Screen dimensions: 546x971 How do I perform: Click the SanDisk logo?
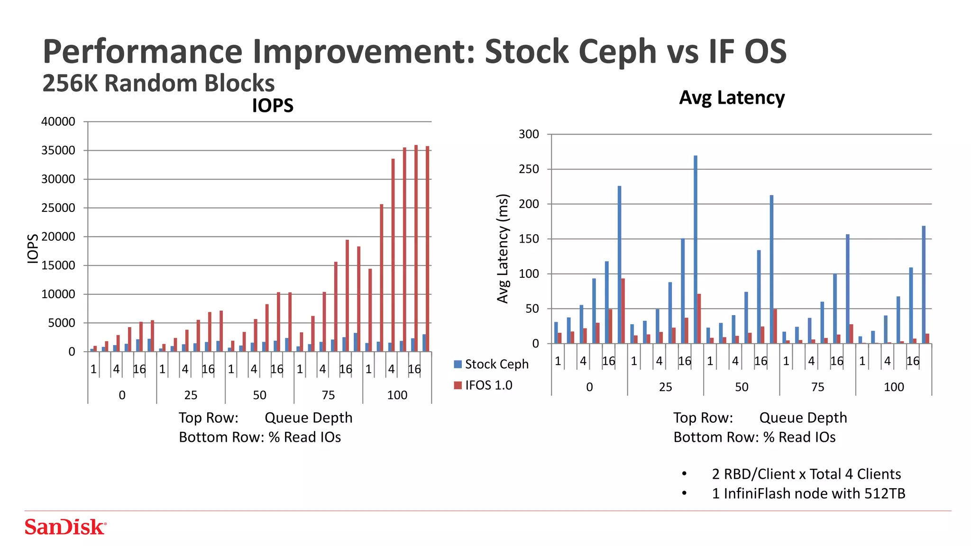coord(65,527)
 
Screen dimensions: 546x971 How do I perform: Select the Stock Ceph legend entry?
coord(491,364)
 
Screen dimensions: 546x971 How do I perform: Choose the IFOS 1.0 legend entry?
coord(483,385)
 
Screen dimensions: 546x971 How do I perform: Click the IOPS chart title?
coord(273,105)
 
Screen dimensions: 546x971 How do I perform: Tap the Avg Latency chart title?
coord(732,98)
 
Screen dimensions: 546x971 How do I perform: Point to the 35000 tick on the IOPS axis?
coord(58,151)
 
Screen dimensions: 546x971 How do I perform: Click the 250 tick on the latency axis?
coord(529,169)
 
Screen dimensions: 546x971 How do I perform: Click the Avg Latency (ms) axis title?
coord(503,248)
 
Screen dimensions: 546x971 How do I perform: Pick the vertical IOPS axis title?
coord(32,248)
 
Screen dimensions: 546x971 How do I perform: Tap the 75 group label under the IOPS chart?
coord(328,395)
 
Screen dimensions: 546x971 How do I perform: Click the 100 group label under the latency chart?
coord(894,387)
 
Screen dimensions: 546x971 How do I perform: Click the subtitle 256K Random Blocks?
coord(158,83)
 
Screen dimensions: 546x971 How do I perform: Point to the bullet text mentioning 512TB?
coord(808,493)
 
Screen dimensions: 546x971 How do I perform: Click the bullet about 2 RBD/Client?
coord(806,474)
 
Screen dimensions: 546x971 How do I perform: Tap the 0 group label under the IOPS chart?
coord(122,395)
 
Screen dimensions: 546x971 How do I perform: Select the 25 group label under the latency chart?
coord(665,387)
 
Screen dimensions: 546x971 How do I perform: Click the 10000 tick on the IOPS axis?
coord(58,294)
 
